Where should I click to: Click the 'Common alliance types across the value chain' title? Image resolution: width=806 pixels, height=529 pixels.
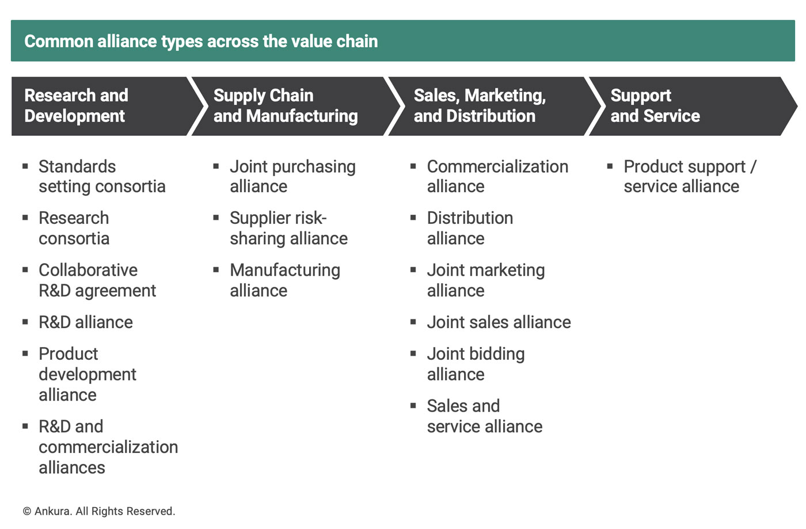click(201, 41)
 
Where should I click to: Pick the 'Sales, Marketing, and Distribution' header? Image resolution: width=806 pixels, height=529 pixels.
click(480, 106)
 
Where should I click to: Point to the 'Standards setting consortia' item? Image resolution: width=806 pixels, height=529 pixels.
click(102, 176)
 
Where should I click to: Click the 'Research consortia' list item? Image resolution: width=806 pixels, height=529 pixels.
click(74, 228)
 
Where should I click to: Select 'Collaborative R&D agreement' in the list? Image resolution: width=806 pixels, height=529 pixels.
click(97, 280)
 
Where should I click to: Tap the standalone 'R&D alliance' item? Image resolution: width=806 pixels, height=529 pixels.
click(86, 322)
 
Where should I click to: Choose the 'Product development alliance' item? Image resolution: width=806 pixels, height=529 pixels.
click(88, 374)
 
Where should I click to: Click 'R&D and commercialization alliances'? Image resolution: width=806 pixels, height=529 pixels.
click(108, 447)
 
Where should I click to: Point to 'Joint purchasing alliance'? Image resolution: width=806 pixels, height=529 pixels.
click(293, 176)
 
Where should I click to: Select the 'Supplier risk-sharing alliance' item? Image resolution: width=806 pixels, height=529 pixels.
click(289, 228)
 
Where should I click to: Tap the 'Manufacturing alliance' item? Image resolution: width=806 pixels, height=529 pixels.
click(285, 280)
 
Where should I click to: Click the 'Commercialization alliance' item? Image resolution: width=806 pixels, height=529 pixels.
click(497, 176)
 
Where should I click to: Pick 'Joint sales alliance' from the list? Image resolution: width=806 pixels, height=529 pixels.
click(499, 322)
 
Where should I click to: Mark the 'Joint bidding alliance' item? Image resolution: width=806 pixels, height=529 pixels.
click(476, 364)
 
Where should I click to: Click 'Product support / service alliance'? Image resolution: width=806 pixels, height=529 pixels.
click(690, 176)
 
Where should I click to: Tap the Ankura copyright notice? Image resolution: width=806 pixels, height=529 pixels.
click(99, 511)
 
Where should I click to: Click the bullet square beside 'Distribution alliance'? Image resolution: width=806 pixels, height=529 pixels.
click(413, 218)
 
